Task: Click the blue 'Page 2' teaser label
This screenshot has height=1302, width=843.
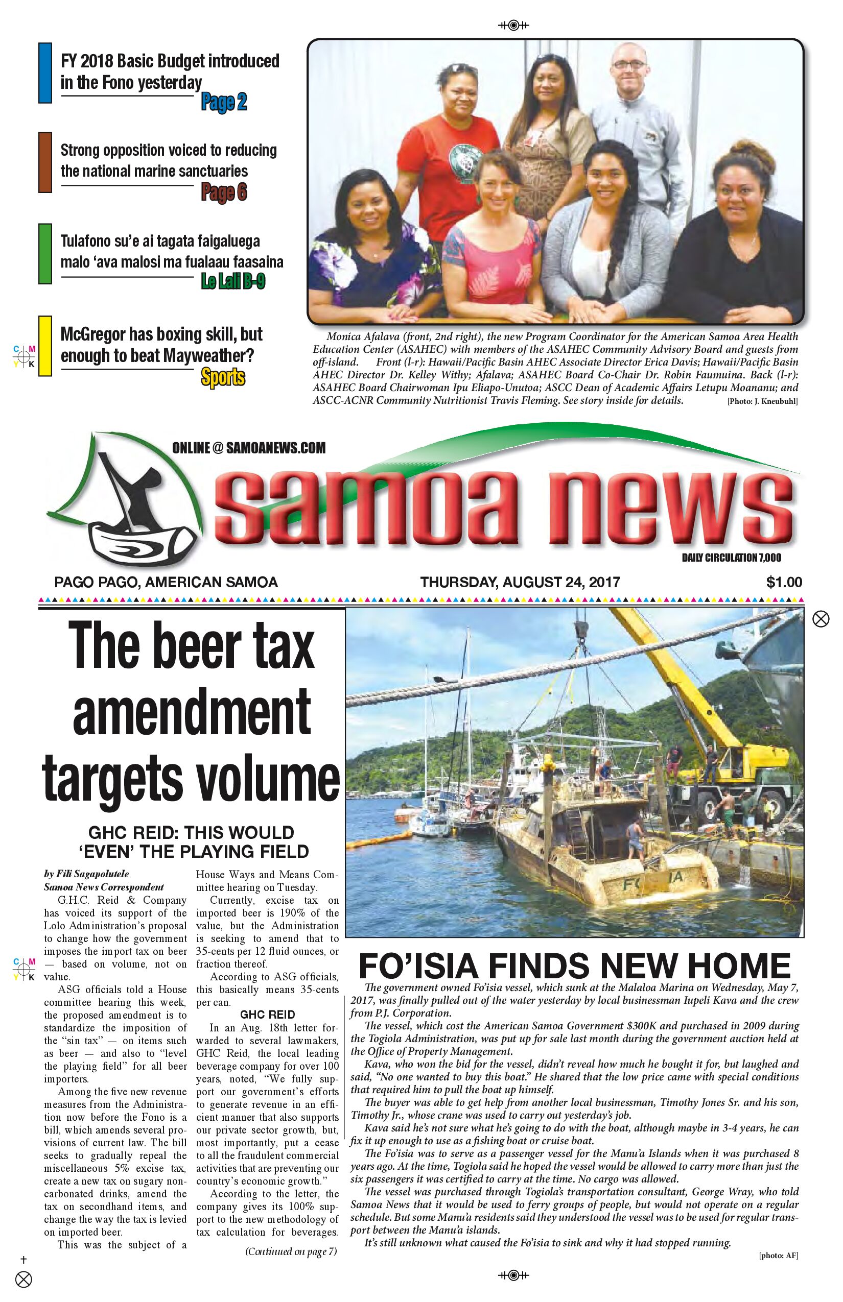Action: pyautogui.click(x=224, y=102)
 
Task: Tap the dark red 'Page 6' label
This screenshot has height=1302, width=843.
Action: pyautogui.click(x=224, y=192)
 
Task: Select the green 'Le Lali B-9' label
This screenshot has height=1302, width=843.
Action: pyautogui.click(x=232, y=281)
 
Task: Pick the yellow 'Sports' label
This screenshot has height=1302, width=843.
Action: pyautogui.click(x=223, y=377)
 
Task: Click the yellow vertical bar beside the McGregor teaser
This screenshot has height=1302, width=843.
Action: pyautogui.click(x=45, y=346)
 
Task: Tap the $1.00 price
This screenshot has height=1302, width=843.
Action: pyautogui.click(x=783, y=582)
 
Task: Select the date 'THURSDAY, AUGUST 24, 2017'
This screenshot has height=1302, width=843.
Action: pyautogui.click(x=520, y=582)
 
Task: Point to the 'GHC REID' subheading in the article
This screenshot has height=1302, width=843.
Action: pyautogui.click(x=267, y=1014)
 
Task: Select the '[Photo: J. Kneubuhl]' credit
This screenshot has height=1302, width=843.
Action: pyautogui.click(x=762, y=401)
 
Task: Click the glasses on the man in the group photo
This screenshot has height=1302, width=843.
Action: pyautogui.click(x=629, y=64)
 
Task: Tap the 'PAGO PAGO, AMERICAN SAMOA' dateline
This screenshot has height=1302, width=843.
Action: pyautogui.click(x=166, y=582)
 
